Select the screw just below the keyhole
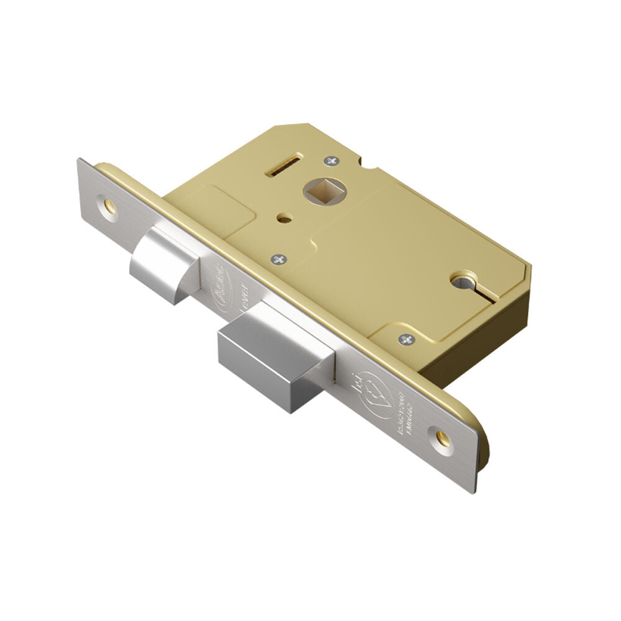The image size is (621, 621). tap(407, 339)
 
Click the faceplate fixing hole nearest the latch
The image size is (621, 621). tap(109, 204)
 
